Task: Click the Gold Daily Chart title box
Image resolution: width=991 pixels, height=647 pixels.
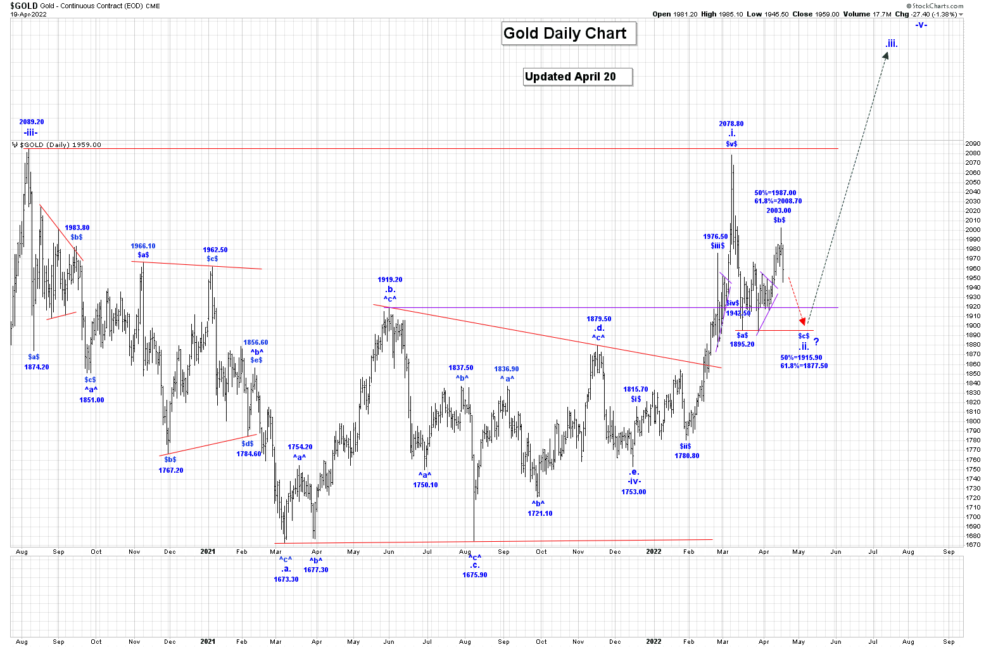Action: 565,34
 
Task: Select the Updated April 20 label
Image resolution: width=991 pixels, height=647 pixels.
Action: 571,77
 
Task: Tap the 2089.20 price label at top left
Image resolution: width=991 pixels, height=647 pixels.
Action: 32,122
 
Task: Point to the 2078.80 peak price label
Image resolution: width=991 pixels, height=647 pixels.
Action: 731,124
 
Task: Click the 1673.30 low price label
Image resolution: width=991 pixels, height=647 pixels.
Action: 286,579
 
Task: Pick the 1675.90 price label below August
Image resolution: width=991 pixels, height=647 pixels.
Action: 475,575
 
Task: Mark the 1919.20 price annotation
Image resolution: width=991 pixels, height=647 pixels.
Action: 390,279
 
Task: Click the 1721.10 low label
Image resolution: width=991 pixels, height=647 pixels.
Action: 540,513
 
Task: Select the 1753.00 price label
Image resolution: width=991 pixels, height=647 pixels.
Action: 634,492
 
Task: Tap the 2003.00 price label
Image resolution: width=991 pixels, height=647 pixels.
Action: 779,210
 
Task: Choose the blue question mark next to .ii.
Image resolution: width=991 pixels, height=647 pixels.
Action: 816,342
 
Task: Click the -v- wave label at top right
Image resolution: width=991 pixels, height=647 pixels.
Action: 921,25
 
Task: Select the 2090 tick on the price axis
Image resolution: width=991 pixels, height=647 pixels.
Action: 973,144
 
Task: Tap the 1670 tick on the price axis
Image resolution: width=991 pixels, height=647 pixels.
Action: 973,545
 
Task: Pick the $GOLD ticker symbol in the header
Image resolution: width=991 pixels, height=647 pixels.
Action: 23,6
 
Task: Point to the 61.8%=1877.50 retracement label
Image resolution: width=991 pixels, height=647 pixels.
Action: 804,366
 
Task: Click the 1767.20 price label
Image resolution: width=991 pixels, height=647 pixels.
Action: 171,470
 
